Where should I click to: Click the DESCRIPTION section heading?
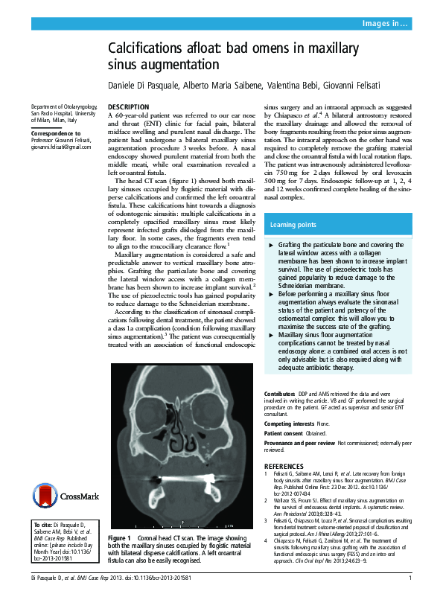pyautogui.click(x=129, y=108)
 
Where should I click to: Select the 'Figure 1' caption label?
pyautogui.click(x=120, y=537)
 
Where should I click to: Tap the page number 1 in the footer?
pyautogui.click(x=410, y=578)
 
